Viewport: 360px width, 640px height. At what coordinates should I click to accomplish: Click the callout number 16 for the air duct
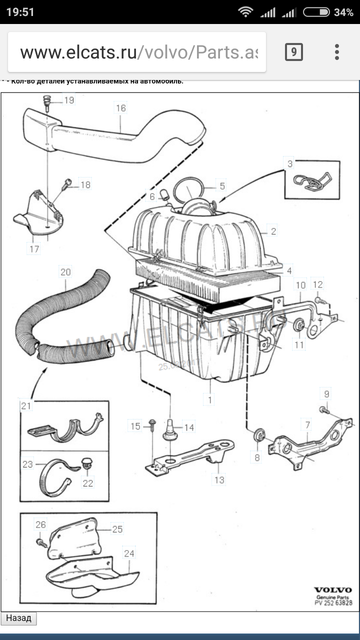coord(121,108)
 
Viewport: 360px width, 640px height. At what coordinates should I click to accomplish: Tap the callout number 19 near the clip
coord(68,100)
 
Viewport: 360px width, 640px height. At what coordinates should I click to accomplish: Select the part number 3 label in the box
coord(290,163)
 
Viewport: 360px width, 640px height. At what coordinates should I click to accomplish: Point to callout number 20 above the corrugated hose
coord(65,272)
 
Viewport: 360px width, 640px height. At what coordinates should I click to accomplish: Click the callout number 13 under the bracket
coord(219,480)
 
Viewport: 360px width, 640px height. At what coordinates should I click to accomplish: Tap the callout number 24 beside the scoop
coord(129,553)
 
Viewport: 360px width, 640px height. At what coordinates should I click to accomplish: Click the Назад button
coord(18,618)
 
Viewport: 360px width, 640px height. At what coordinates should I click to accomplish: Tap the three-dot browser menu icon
coord(337,52)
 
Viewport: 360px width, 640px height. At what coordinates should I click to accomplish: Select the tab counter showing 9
coord(294,52)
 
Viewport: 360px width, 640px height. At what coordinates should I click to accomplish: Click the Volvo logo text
coord(333,590)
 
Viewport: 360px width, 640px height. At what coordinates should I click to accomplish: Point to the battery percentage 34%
coord(343,12)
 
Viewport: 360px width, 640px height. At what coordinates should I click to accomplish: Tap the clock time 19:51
coord(20,12)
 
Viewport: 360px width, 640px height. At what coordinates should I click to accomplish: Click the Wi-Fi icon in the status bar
coord(245,12)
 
